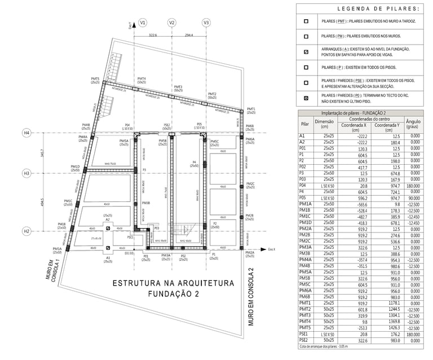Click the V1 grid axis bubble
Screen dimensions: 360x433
click(x=143, y=23)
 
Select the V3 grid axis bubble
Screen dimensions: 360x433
click(x=206, y=23)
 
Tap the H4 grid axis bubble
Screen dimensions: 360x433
click(x=26, y=133)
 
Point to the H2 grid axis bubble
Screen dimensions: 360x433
click(x=26, y=231)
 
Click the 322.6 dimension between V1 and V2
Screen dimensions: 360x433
click(x=153, y=35)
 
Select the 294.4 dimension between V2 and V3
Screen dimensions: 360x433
click(x=188, y=35)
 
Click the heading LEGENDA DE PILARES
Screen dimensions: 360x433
click(x=378, y=9)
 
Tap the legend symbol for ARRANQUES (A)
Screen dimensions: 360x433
click(x=306, y=52)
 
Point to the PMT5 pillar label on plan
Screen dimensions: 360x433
click(x=95, y=79)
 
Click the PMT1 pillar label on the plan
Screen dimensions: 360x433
click(x=250, y=109)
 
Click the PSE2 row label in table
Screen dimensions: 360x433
click(x=305, y=340)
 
